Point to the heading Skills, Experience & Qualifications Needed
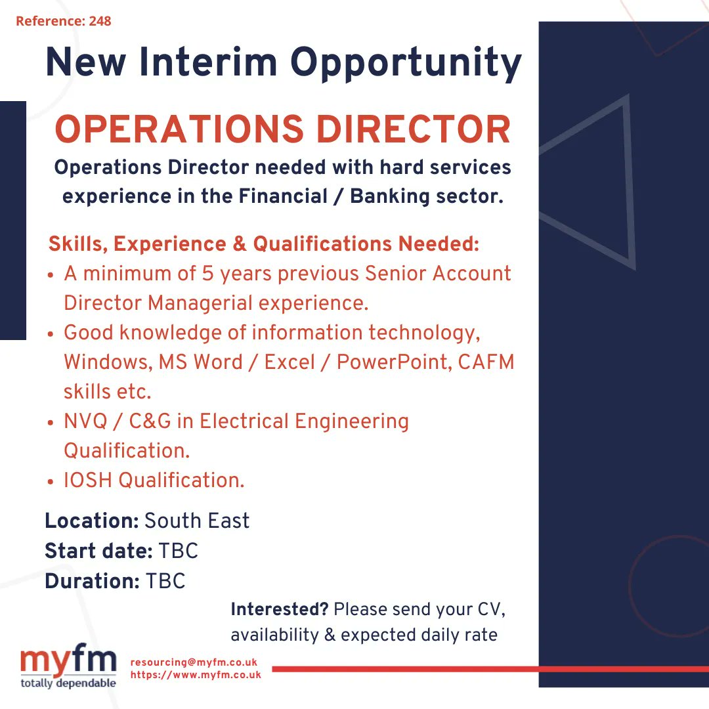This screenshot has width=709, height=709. click(x=264, y=244)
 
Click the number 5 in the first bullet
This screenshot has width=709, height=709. click(x=208, y=273)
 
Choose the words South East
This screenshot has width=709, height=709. click(x=197, y=521)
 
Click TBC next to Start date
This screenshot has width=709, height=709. click(x=179, y=551)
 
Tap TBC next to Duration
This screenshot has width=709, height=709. click(x=165, y=581)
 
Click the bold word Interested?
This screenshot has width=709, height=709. click(x=279, y=609)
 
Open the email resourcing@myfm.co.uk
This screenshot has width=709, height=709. click(x=194, y=662)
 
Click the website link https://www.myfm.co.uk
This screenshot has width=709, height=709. click(x=196, y=674)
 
